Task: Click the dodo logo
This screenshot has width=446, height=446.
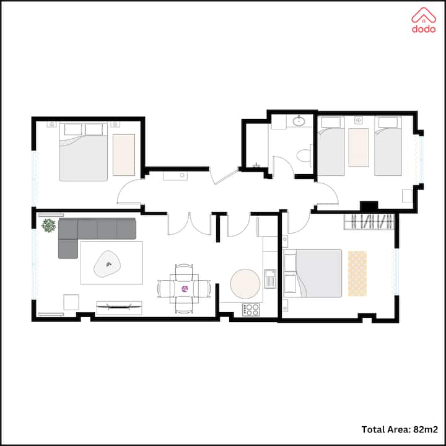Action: point(424,20)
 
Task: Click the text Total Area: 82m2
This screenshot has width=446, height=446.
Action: point(400,429)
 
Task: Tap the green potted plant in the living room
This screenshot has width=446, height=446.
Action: point(49,225)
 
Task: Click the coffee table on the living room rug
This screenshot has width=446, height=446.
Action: point(107,264)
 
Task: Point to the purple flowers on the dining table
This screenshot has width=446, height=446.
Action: point(185,289)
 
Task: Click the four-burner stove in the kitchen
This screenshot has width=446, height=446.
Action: point(251,310)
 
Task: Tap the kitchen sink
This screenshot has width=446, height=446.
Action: point(270,278)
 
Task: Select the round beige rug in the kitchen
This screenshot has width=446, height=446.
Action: point(245,284)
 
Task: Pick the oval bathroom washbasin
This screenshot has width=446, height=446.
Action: point(299,121)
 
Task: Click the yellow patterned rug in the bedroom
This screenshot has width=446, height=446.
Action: point(357,273)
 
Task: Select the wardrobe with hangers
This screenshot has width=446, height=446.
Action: point(369,222)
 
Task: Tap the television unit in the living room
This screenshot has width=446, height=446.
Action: point(119,308)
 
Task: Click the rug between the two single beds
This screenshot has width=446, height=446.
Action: point(359,147)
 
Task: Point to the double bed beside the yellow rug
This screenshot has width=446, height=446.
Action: point(313,273)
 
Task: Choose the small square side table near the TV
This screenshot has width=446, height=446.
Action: point(71,302)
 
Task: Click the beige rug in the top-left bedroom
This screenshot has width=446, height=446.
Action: point(124,155)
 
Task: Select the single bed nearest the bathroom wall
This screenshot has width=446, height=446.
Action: point(331,146)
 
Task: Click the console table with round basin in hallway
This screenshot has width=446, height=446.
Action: point(175,176)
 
